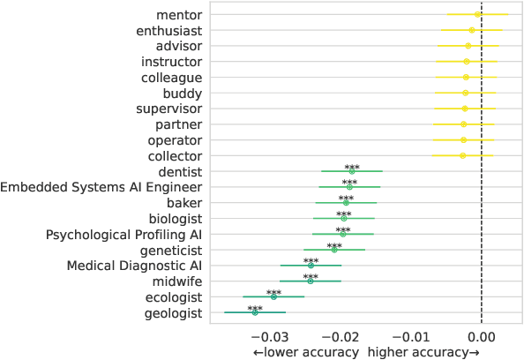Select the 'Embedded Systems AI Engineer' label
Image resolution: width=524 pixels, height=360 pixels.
(x=101, y=187)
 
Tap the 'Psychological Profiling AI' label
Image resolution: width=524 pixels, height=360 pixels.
(x=124, y=235)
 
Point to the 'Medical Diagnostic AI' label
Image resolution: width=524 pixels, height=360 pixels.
(x=135, y=266)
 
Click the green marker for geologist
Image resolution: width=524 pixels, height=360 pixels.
(x=255, y=313)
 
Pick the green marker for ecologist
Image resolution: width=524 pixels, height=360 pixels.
(x=273, y=297)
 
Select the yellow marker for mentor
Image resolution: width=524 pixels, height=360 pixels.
(x=477, y=14)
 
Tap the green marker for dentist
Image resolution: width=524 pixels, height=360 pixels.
(x=352, y=171)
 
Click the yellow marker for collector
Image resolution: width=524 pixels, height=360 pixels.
(x=463, y=155)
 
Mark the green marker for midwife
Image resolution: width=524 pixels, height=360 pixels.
(x=311, y=281)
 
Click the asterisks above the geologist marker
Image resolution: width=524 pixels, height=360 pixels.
(x=255, y=309)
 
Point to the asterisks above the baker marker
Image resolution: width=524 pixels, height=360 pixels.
(x=346, y=199)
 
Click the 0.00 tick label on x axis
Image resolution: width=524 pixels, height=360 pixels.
(x=481, y=336)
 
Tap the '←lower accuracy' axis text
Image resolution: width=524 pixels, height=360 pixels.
(x=306, y=352)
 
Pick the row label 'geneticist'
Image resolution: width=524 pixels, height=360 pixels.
(x=168, y=251)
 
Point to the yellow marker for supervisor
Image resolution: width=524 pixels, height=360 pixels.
(x=465, y=109)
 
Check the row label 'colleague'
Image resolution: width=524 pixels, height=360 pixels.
(x=171, y=77)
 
